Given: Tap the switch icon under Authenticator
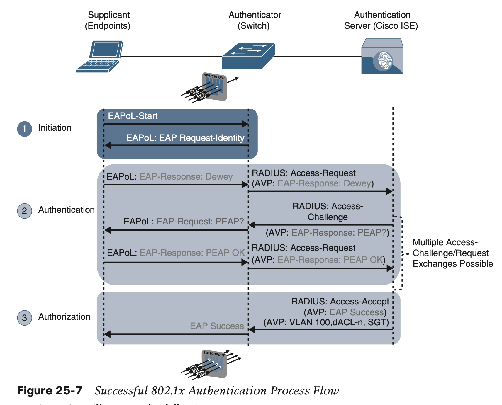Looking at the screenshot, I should point(248,56).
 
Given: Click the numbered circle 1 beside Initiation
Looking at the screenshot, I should point(25,129).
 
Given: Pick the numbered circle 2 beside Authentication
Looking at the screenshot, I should point(25,211).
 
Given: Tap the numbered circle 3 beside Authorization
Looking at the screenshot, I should point(25,318).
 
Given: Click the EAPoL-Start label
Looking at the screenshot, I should point(133,116).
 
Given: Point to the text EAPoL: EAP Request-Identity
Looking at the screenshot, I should point(185,138).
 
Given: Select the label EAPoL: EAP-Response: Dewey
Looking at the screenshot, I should point(169,177).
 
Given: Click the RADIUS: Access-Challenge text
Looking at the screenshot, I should point(328,212).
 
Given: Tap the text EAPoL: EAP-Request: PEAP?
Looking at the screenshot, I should point(184,221).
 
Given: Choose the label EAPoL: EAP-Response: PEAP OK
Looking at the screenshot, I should point(176,253).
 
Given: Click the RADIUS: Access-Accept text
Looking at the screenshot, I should point(340,302).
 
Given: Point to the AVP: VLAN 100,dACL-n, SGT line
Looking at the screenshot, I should point(326,322).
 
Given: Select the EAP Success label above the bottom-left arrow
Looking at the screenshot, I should point(217,326).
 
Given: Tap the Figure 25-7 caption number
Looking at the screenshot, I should point(50,391).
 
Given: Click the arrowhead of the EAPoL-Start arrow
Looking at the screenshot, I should point(245,124).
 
